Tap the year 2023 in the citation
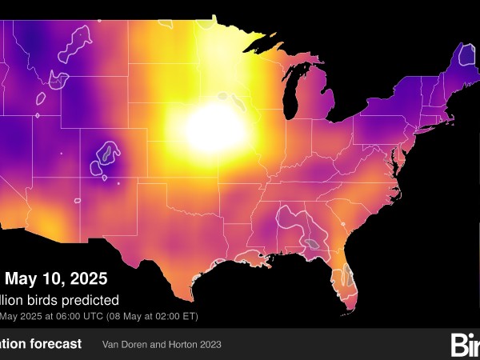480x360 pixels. pos(210,345)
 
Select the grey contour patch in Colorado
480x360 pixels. pos(106,156)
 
